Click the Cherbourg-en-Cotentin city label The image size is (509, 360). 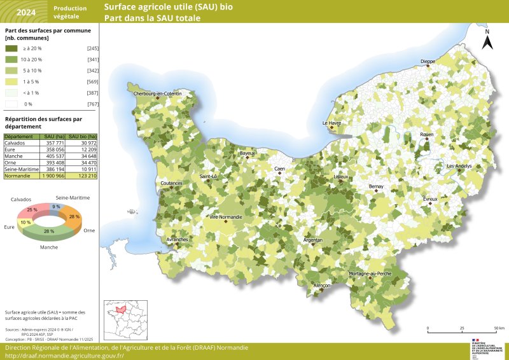coord(157,94)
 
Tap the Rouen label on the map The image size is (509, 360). coord(426,135)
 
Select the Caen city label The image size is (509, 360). coord(279,169)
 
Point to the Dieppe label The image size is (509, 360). coord(428,62)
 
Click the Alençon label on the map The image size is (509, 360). coord(322,286)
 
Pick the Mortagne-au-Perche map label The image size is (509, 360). coord(370,273)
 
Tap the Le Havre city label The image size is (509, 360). coord(331,123)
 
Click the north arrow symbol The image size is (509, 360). coord(487,41)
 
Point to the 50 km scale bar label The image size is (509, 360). coord(499,328)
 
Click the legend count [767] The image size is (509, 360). coord(92,104)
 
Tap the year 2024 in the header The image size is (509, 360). coord(25,12)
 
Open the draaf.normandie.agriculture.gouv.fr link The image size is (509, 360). coord(64,356)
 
